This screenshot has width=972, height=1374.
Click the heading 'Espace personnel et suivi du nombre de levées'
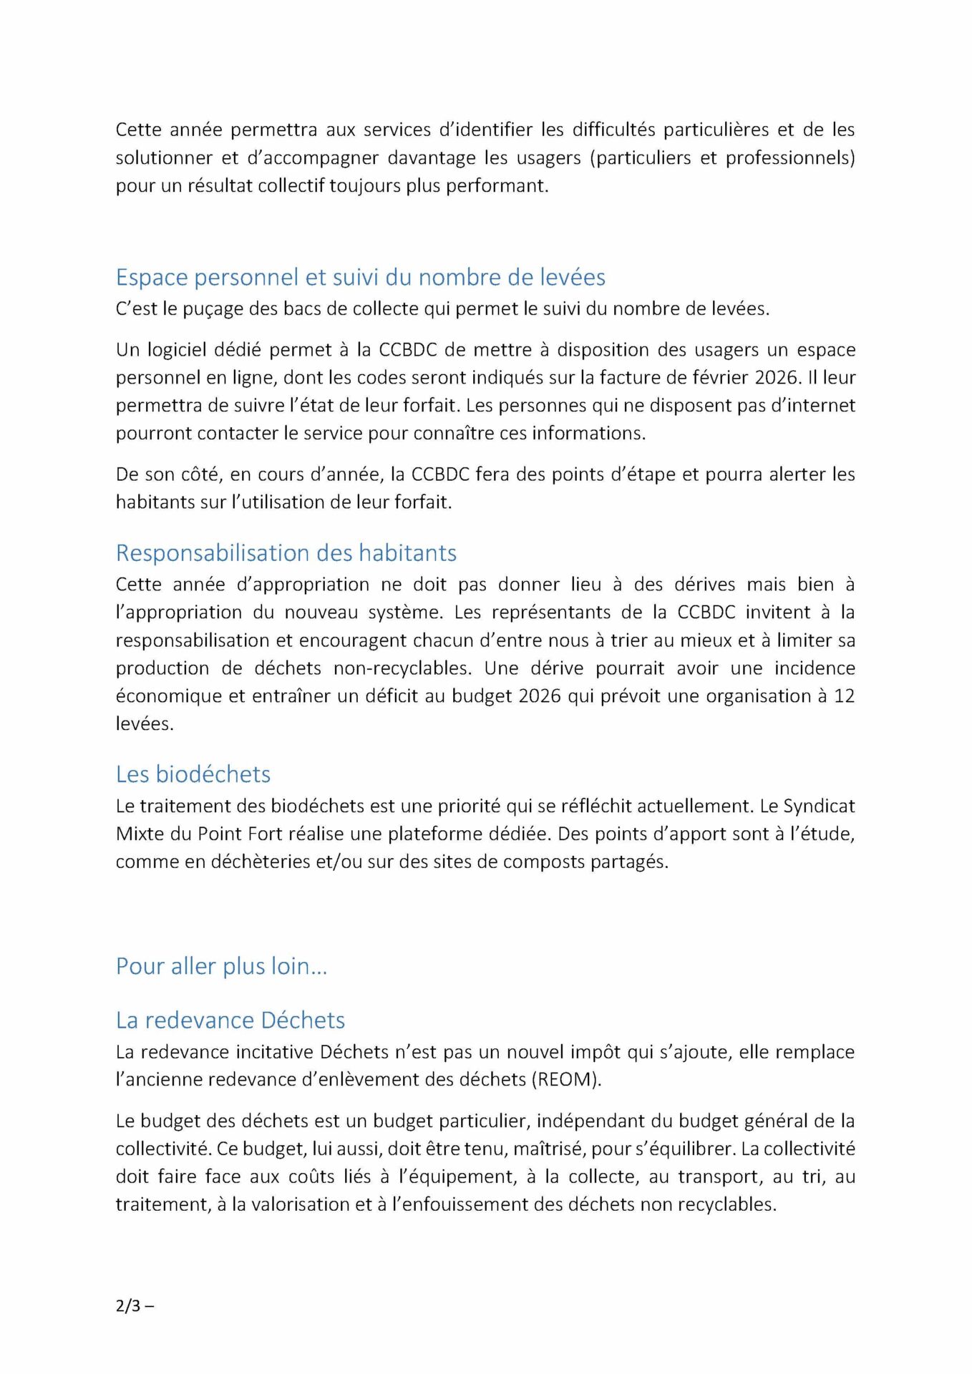point(360,277)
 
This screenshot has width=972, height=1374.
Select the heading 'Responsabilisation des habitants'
point(286,552)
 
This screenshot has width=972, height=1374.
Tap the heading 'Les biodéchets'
point(193,774)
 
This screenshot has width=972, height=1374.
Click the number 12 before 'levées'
point(844,696)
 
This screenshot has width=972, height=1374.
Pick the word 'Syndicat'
point(819,806)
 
